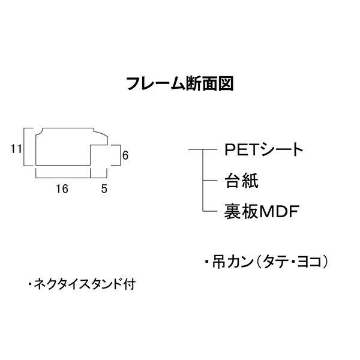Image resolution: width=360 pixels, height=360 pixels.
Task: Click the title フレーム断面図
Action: (179, 83)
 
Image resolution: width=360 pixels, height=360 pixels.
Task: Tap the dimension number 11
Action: (16, 148)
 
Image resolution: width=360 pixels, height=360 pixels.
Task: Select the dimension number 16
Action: (61, 188)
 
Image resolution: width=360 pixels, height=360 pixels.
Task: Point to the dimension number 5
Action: (104, 188)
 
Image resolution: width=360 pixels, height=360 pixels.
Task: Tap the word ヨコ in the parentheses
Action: (313, 262)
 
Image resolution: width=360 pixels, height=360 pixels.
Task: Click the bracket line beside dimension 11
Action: (25, 148)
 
